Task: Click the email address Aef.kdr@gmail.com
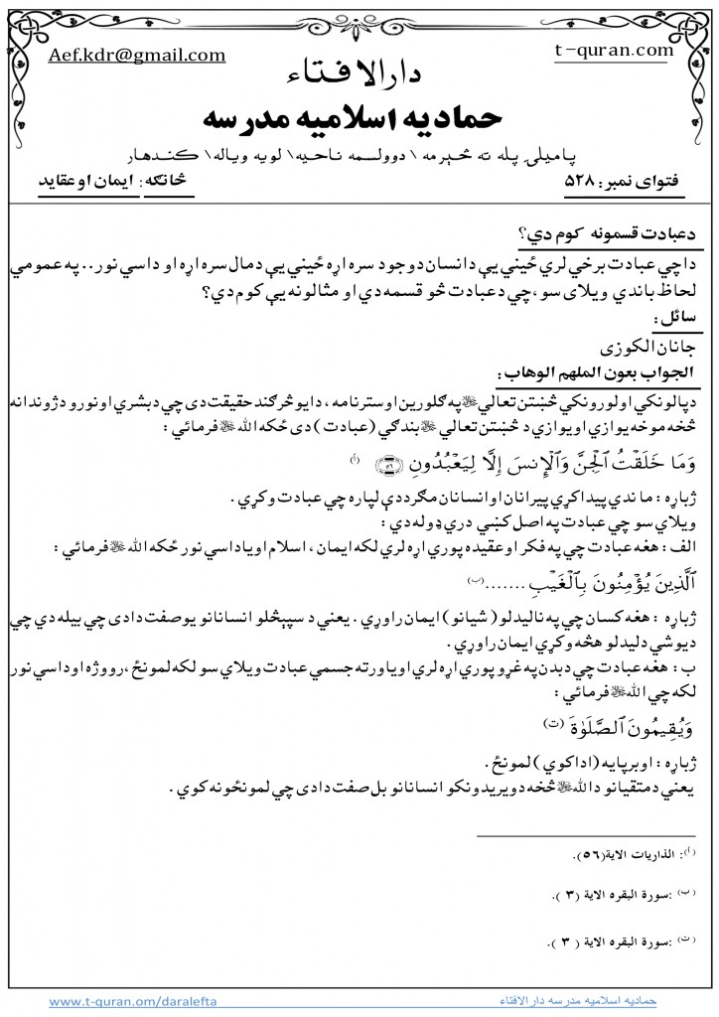click(136, 56)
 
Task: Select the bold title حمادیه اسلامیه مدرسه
click(359, 117)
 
